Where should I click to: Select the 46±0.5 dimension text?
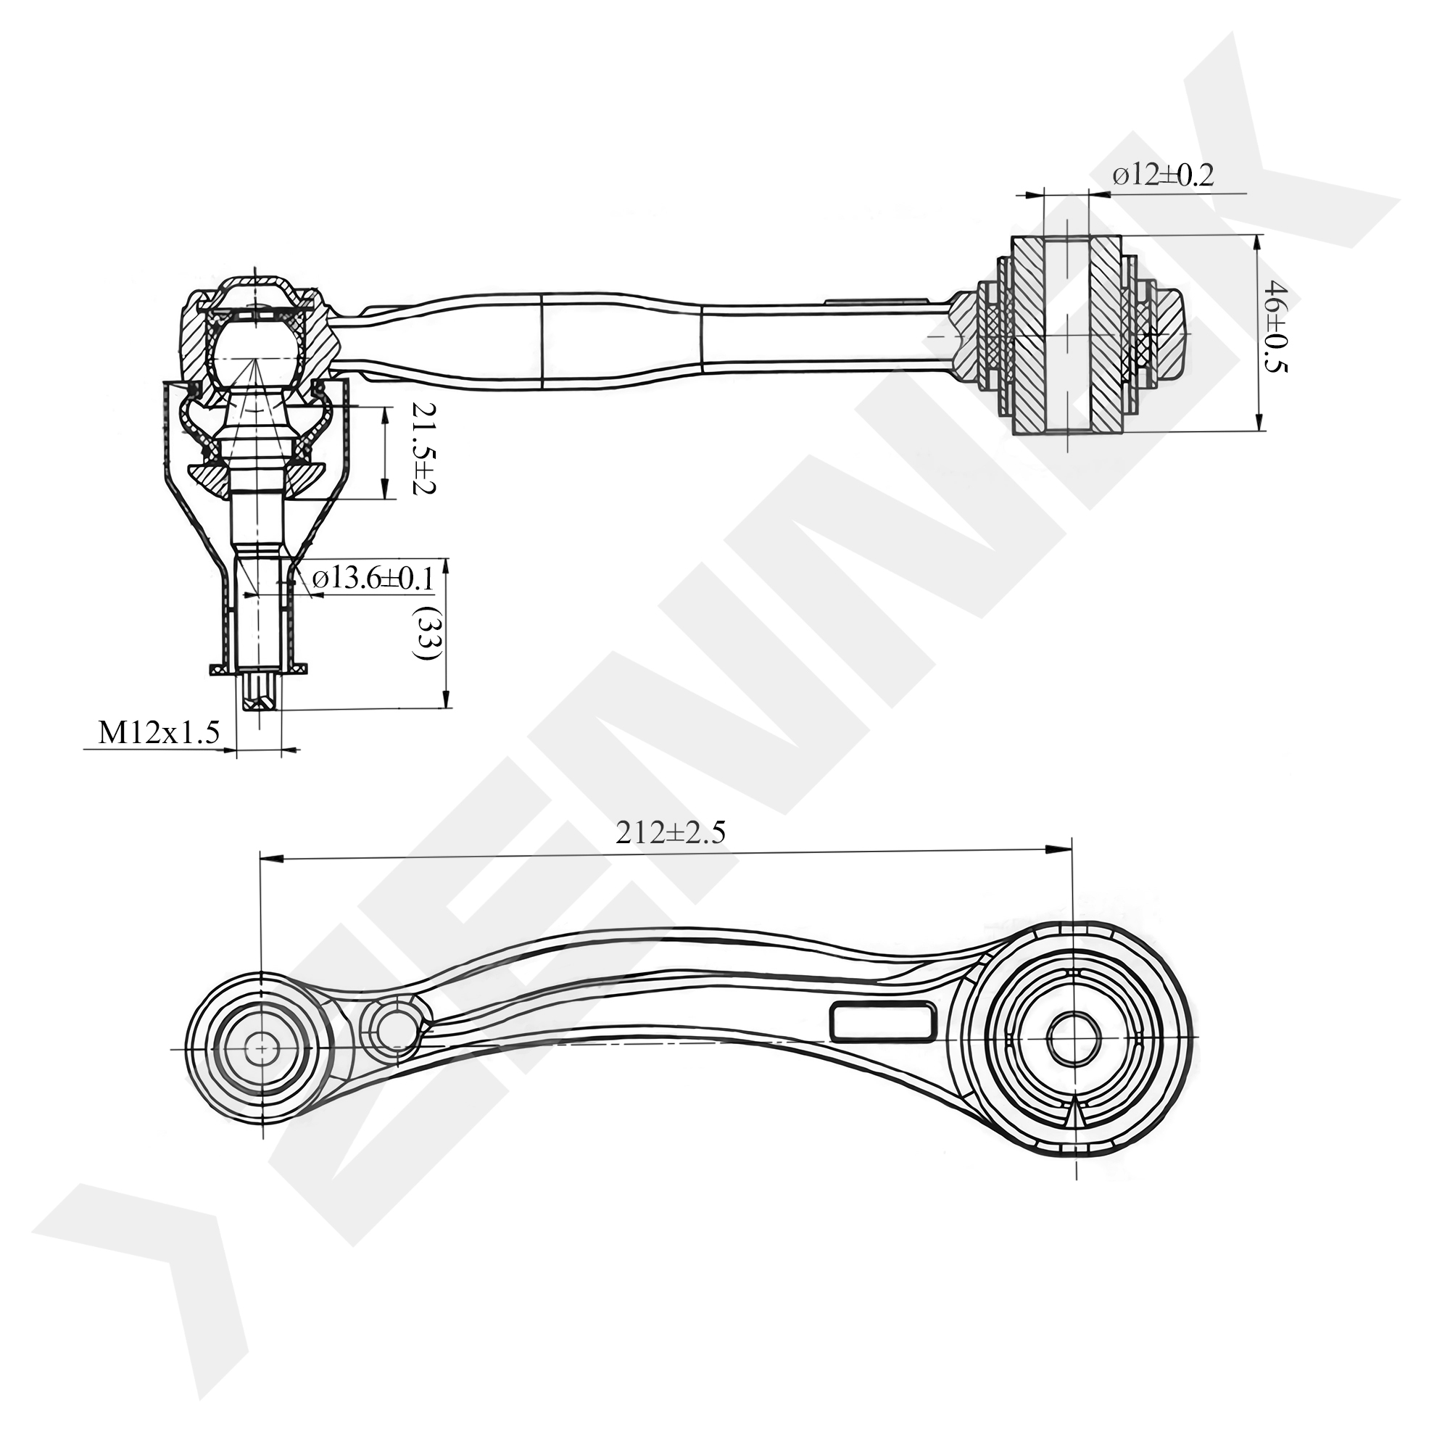[x=1277, y=326]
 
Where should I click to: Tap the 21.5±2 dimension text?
[x=423, y=447]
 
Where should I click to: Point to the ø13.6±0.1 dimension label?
[x=373, y=579]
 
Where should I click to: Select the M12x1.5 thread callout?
[x=158, y=732]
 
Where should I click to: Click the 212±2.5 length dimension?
[x=670, y=833]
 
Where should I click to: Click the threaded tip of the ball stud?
[x=259, y=691]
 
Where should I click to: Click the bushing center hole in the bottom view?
[x=1073, y=1039]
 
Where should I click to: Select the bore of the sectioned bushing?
[x=1066, y=334]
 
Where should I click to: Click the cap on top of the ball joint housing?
[x=255, y=289]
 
